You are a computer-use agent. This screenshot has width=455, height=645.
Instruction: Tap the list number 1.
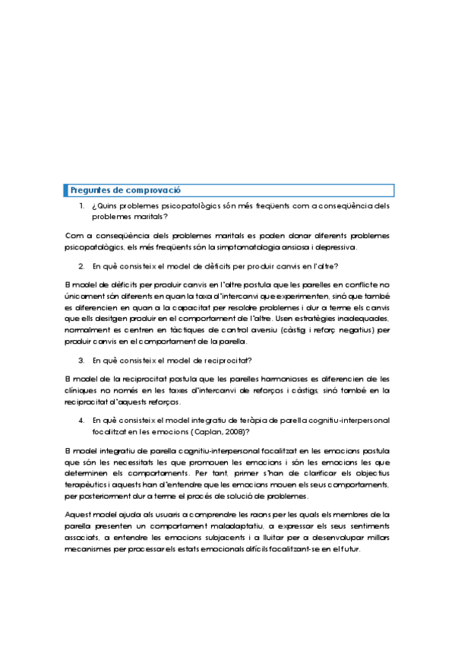[x=81, y=206]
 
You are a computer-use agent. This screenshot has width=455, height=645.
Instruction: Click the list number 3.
[x=81, y=360]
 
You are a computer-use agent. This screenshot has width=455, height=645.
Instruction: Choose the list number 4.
[x=81, y=420]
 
